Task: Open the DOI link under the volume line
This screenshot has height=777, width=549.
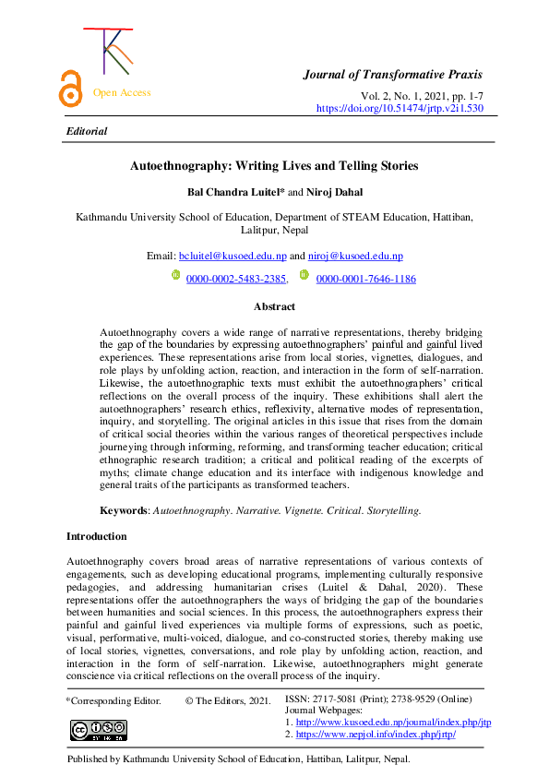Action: pos(400,108)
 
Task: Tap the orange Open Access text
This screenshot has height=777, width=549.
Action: pos(122,92)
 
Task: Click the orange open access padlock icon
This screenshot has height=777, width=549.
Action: pos(69,90)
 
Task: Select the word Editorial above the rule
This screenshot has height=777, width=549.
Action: pos(87,131)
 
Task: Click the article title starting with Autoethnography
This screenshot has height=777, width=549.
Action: pos(274,166)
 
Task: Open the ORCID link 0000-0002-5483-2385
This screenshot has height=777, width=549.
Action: pos(236,278)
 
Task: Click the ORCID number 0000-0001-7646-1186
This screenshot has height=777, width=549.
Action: pos(365,278)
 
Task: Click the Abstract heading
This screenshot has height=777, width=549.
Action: pos(274,306)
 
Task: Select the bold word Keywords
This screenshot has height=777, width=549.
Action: pos(124,509)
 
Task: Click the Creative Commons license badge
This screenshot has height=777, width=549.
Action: pos(98,730)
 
